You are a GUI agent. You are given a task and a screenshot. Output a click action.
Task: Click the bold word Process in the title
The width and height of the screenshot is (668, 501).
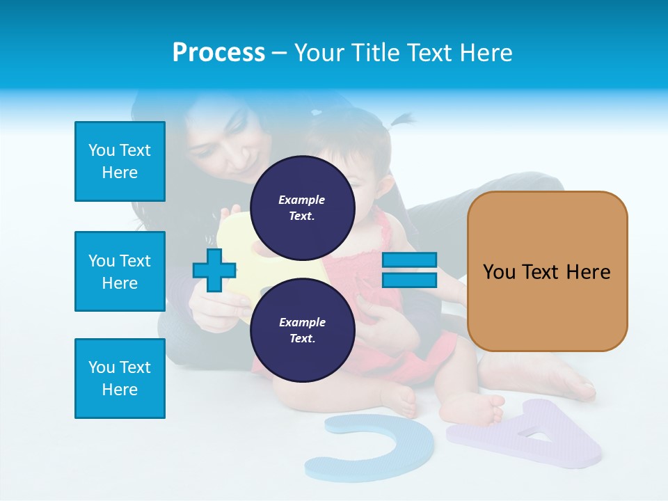[x=218, y=52]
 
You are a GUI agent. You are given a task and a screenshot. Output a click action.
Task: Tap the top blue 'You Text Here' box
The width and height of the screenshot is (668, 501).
[x=120, y=161]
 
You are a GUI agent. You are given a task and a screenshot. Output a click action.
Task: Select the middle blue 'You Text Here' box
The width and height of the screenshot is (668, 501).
[x=120, y=271]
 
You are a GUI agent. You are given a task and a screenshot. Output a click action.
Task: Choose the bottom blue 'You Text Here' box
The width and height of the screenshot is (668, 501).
[x=120, y=379]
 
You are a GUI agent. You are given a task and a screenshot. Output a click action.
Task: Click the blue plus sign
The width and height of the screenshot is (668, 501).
[x=214, y=270]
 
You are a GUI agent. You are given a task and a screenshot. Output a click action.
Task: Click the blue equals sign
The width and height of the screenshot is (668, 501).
[x=409, y=270]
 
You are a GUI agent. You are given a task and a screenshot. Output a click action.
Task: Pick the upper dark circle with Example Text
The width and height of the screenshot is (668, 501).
[x=302, y=207]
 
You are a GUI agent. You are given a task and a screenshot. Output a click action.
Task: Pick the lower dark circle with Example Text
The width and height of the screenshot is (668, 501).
[x=302, y=330]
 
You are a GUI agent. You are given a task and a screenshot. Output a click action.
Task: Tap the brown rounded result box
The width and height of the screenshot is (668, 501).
[x=547, y=271]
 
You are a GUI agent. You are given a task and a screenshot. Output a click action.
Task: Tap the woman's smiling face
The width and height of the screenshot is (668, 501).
[x=223, y=150]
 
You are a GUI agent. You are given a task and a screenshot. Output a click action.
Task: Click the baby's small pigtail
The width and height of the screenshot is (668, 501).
[x=401, y=120]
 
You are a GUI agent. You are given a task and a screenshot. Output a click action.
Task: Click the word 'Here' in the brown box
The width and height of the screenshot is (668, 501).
[x=588, y=271]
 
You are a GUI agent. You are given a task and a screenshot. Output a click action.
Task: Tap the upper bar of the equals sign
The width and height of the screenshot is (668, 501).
[x=409, y=260]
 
